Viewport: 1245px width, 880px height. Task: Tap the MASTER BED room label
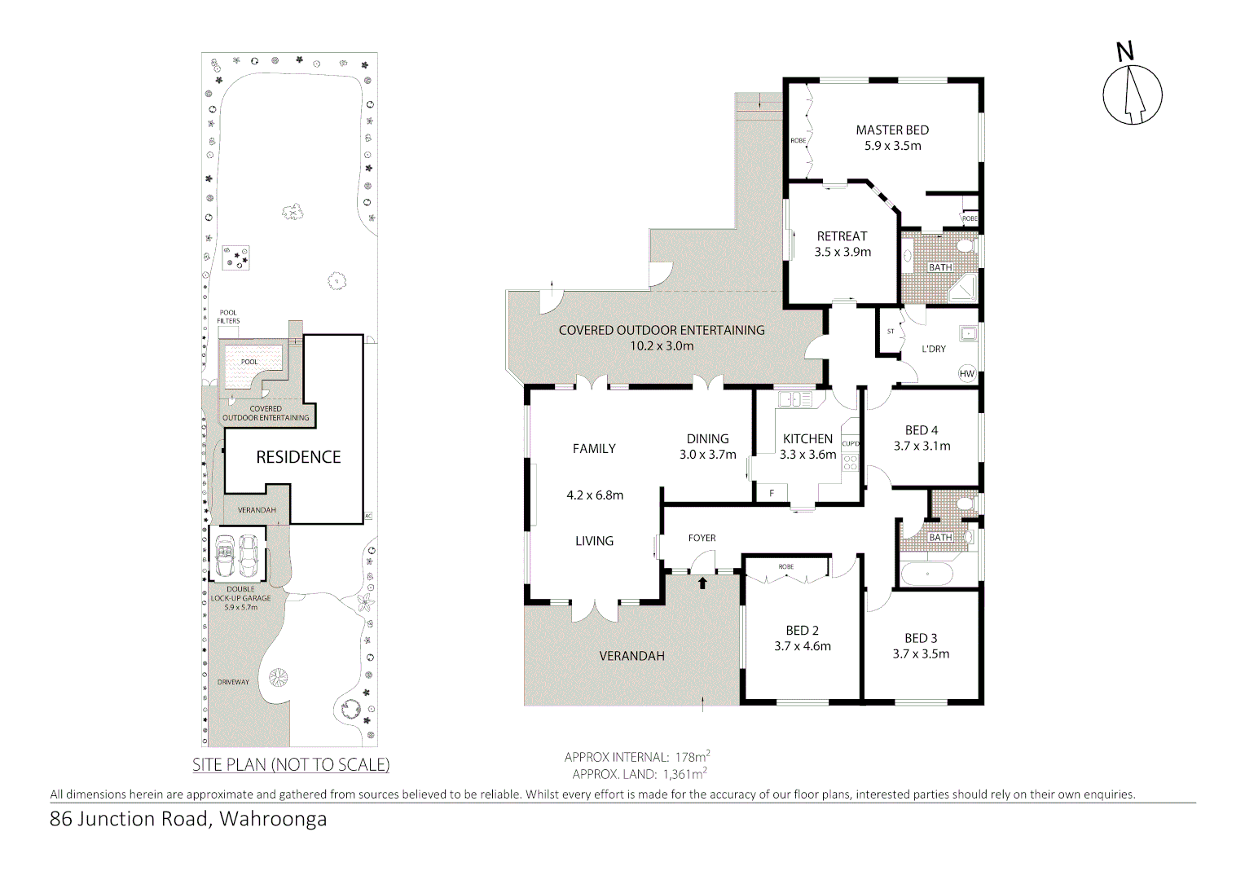[x=892, y=130]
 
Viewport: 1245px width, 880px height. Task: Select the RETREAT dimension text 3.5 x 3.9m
[x=842, y=252]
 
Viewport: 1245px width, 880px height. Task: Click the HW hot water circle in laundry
[x=966, y=374]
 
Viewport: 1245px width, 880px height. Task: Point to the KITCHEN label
[x=807, y=439]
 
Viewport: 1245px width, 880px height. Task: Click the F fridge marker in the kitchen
[x=772, y=493]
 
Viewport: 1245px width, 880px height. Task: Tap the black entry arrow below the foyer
[x=702, y=583]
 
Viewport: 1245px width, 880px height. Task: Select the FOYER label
[x=702, y=538]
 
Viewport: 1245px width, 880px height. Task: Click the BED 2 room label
[x=802, y=631]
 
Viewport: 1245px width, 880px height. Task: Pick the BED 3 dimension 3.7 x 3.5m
[x=921, y=653]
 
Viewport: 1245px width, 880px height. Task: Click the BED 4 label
[x=922, y=430]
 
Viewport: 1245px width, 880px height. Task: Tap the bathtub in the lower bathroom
[x=926, y=574]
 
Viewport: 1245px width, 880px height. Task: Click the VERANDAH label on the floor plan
[x=631, y=656]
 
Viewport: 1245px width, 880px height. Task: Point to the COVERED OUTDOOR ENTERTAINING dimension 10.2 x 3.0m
[x=662, y=345]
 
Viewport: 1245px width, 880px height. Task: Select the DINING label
[x=707, y=439]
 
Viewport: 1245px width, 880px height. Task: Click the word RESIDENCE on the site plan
[x=298, y=457]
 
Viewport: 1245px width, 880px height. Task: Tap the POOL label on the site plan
[x=249, y=362]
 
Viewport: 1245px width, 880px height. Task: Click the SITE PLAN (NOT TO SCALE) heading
[x=291, y=764]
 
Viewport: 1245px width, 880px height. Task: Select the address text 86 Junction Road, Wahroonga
[x=188, y=819]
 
